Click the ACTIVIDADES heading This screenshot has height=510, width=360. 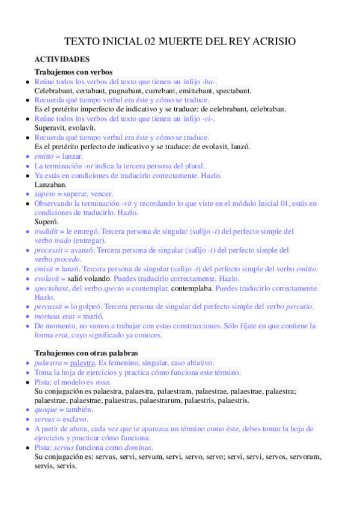(62, 60)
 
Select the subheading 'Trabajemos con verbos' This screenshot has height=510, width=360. (73, 72)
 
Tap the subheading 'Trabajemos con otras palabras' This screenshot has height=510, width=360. (86, 352)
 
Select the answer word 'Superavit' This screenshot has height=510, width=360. (50, 128)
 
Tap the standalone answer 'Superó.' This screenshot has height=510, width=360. (46, 221)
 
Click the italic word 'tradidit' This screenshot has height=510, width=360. (46, 231)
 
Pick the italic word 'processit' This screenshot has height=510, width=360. (49, 250)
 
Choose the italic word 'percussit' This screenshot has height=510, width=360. (50, 307)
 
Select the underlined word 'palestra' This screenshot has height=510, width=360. (82, 363)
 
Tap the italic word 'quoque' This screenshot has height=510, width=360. (47, 410)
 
